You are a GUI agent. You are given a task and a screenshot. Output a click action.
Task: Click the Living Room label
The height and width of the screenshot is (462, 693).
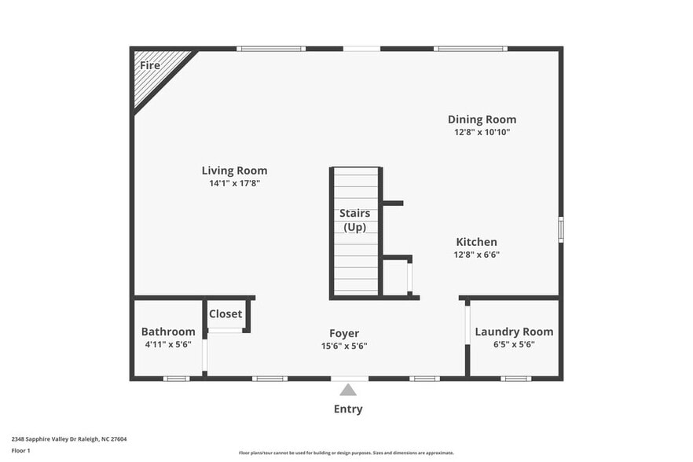[234, 170]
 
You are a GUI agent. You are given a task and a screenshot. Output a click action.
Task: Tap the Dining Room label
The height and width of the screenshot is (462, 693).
[482, 119]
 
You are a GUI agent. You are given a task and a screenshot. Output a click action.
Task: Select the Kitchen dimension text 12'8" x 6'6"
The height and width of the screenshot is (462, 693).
[476, 255]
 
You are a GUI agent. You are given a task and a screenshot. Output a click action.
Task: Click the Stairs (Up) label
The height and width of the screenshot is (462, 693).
[354, 220]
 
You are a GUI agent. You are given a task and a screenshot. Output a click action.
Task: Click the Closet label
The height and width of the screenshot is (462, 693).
[225, 314]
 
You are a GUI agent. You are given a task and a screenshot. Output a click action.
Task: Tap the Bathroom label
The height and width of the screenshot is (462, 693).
[168, 332]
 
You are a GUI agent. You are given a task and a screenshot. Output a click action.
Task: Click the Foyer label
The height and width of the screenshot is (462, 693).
[344, 333]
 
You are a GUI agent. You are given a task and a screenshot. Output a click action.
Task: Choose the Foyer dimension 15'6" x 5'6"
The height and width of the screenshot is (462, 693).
[344, 346]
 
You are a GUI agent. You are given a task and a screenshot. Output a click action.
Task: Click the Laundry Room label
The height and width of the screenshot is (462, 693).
[514, 332]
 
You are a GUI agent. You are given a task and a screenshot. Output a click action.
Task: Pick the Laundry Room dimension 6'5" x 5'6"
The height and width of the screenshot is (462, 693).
[514, 344]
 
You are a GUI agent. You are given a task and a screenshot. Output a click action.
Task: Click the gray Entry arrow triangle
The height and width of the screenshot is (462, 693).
[348, 390]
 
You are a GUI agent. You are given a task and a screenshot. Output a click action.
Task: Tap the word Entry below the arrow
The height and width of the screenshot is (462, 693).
[348, 409]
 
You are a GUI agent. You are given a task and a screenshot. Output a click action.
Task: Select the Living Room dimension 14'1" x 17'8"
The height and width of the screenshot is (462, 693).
[234, 183]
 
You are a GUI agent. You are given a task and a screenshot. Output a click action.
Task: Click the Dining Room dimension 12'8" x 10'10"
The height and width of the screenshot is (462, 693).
[482, 132]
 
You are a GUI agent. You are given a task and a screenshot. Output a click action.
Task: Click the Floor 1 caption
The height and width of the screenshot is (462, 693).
[20, 451]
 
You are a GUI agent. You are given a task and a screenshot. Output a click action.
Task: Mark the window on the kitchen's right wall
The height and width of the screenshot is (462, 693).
[560, 229]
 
